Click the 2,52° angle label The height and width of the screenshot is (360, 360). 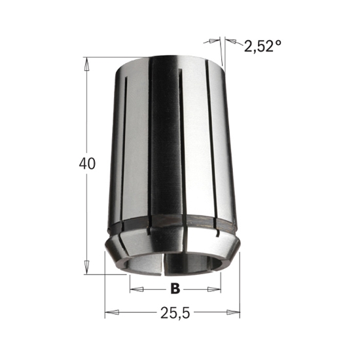click(x=262, y=46)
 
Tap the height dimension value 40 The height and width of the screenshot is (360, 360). click(x=86, y=164)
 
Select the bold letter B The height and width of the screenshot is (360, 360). click(x=175, y=288)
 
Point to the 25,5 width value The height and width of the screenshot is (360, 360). click(x=173, y=314)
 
